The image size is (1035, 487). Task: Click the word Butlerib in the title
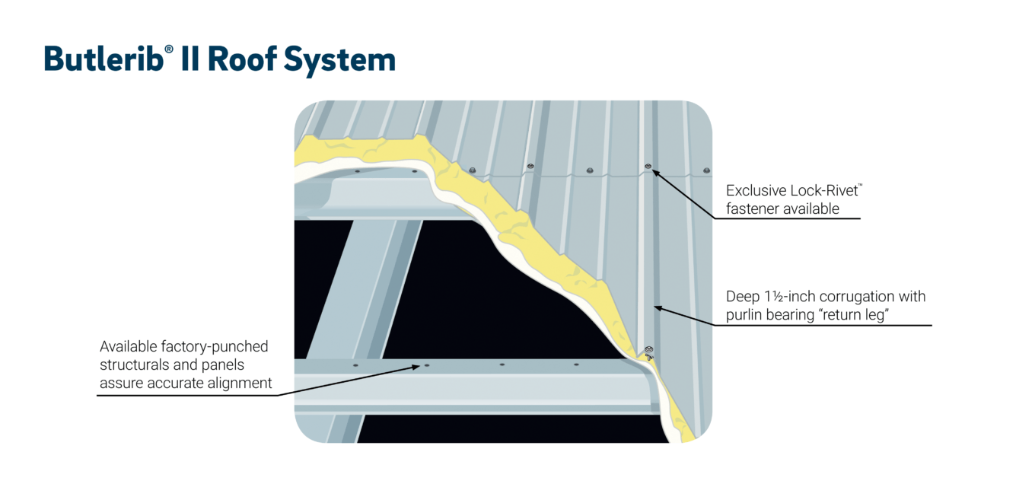pos(103,59)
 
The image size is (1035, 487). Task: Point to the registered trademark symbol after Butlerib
pos(168,49)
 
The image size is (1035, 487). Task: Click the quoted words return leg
pos(852,315)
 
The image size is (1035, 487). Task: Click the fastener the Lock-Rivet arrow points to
pos(648,167)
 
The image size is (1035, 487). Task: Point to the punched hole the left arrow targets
pos(426,365)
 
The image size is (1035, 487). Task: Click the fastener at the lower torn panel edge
pos(648,351)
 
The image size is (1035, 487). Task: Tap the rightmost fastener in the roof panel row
pos(706,170)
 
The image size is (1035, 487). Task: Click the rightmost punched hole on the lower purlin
pos(576,364)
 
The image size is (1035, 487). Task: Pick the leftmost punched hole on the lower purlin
pos(355,365)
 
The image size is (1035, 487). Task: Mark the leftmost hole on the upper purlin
pos(357,171)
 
